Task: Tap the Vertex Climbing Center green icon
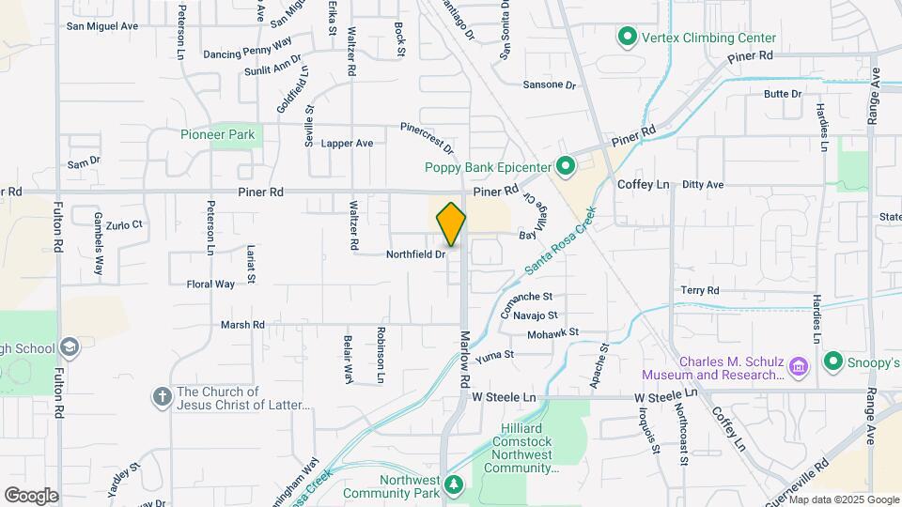click(627, 38)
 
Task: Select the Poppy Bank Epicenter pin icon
click(565, 167)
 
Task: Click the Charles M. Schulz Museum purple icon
click(800, 364)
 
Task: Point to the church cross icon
click(161, 397)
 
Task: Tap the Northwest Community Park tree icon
click(455, 484)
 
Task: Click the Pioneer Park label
click(217, 134)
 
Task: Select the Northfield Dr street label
click(415, 254)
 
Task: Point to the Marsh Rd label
click(242, 325)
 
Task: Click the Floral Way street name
click(210, 284)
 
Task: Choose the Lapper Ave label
click(347, 144)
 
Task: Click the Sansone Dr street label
click(549, 84)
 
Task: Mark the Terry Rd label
click(700, 291)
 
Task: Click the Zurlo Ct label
click(123, 225)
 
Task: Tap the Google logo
click(31, 495)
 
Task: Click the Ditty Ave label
click(703, 185)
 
